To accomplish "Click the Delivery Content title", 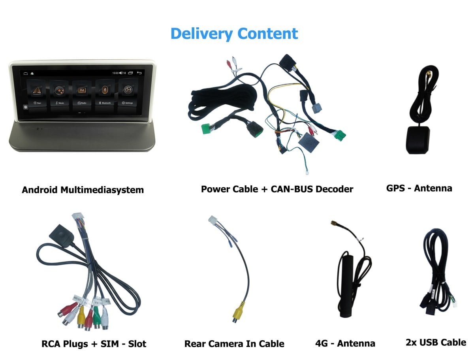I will (x=234, y=34).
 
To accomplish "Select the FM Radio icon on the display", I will (x=82, y=90).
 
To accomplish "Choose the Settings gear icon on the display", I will (x=127, y=90).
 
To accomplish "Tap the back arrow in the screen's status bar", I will (x=139, y=73).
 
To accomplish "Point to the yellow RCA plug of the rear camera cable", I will (x=236, y=314).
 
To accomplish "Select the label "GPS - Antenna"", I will (x=419, y=188).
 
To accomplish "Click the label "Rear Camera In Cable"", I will (x=234, y=343).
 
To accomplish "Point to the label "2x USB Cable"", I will (x=436, y=342).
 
